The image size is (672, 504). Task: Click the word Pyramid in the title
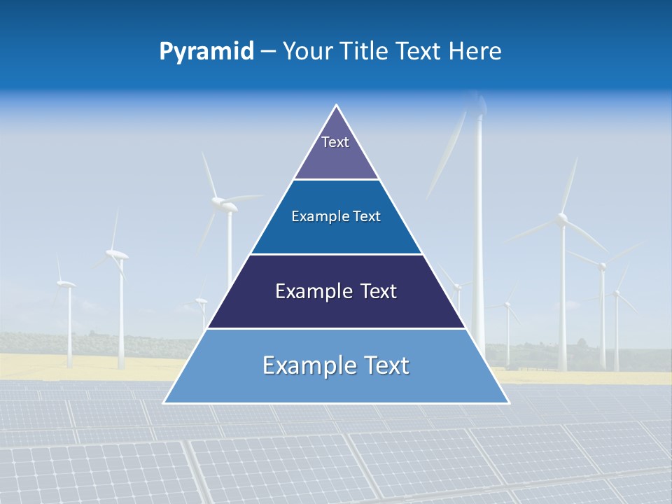pyautogui.click(x=206, y=52)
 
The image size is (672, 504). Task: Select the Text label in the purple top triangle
pyautogui.click(x=335, y=143)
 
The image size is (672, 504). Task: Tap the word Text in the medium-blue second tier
pyautogui.click(x=367, y=217)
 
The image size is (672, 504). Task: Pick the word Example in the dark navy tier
pyautogui.click(x=309, y=291)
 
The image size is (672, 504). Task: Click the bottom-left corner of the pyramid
pyautogui.click(x=164, y=402)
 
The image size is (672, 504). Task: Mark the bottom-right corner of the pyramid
pyautogui.click(x=508, y=402)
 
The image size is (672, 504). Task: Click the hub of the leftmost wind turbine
pyautogui.click(x=66, y=284)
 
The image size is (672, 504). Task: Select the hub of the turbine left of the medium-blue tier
pyautogui.click(x=227, y=204)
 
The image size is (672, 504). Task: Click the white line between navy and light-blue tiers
pyautogui.click(x=336, y=328)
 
